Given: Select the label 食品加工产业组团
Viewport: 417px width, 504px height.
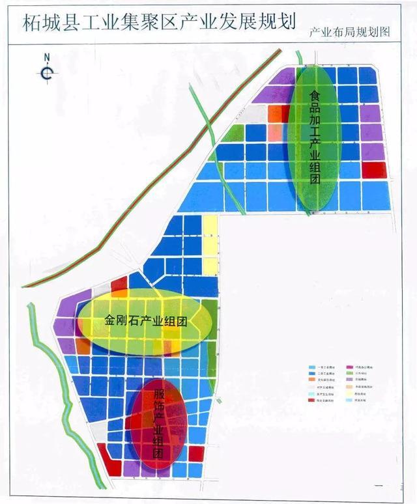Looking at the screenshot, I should point(315,137).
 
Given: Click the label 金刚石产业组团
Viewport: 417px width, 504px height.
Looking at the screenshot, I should point(146,321).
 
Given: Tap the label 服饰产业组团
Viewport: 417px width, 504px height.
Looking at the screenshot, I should point(159,424).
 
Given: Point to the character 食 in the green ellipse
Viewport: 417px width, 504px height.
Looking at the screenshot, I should point(315,96).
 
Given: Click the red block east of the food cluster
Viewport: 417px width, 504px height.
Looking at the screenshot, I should point(374,169).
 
